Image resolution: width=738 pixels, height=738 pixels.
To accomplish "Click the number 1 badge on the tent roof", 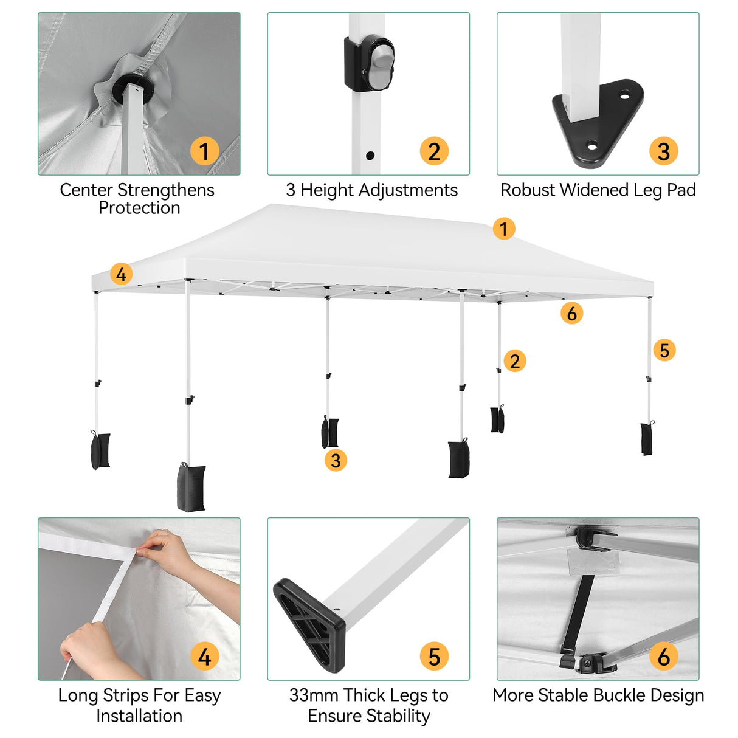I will (503, 229).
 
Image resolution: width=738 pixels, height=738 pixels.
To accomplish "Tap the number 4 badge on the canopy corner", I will (121, 274).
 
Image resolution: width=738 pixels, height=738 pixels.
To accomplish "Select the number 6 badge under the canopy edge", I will (571, 314).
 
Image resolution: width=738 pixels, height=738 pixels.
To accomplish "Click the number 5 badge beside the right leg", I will (664, 350).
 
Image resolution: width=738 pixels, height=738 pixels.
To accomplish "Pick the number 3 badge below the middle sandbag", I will (336, 460).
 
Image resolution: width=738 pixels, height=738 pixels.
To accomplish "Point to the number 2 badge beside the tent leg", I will (514, 361).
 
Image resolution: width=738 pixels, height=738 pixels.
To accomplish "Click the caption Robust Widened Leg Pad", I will (598, 190).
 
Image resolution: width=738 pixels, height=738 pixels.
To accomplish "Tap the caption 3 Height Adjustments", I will (371, 190).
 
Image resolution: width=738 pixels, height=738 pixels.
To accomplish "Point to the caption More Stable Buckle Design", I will (598, 695).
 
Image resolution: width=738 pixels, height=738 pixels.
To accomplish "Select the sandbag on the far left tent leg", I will (101, 450).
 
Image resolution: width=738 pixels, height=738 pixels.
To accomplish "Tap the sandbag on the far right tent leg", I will (646, 438).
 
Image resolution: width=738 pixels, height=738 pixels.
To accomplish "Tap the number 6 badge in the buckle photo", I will (663, 657).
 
